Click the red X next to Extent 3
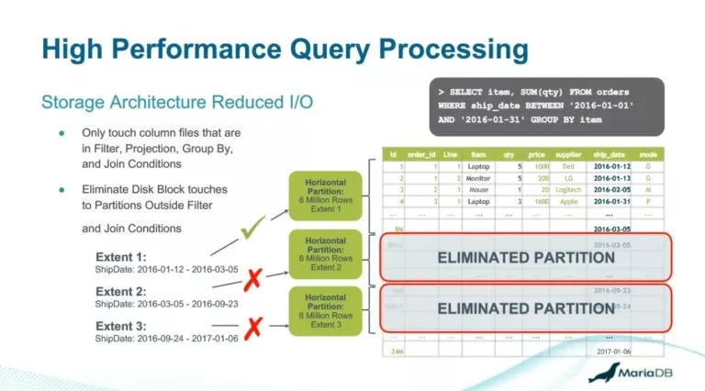(250, 325)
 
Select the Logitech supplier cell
(568, 189)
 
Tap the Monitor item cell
(479, 177)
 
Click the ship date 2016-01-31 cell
(610, 201)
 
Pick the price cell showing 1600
(542, 201)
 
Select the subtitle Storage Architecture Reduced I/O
(177, 101)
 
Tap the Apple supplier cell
(568, 201)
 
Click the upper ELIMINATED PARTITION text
(526, 258)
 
